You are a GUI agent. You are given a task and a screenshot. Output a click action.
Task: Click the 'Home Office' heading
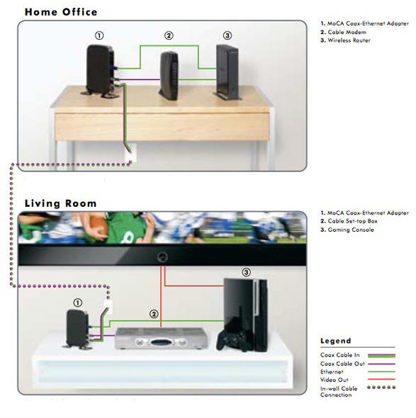tap(61, 12)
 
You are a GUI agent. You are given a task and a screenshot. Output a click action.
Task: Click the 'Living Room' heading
tap(60, 203)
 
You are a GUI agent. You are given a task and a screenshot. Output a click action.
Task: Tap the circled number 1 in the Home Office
tap(99, 35)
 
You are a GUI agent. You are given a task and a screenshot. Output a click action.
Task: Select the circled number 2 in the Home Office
tap(169, 35)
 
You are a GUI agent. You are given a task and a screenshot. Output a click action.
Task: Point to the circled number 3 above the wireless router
tap(227, 35)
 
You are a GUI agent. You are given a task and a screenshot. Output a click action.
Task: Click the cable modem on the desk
tap(169, 75)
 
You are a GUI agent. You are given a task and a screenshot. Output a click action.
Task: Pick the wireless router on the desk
tap(227, 72)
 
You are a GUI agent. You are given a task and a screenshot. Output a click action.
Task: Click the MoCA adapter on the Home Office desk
tap(101, 71)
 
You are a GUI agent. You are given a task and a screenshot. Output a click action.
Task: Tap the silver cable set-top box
tap(162, 338)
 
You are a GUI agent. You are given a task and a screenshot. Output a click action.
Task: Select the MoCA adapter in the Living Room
tap(78, 329)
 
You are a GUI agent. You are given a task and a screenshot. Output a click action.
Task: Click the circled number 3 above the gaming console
tap(246, 272)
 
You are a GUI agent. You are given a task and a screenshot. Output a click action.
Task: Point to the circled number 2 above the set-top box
tap(154, 314)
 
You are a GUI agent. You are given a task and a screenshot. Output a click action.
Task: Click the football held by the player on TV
tap(99, 225)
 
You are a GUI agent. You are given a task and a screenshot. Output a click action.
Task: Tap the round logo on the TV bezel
tap(162, 257)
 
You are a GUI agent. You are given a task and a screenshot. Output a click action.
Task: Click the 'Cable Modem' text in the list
tap(347, 33)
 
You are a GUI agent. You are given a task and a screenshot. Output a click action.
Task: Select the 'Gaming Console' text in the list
tap(351, 230)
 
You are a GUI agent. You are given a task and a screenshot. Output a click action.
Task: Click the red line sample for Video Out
tap(381, 379)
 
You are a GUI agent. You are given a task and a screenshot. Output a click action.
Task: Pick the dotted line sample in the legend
tap(381, 388)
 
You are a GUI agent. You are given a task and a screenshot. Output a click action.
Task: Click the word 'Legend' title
tap(335, 341)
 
